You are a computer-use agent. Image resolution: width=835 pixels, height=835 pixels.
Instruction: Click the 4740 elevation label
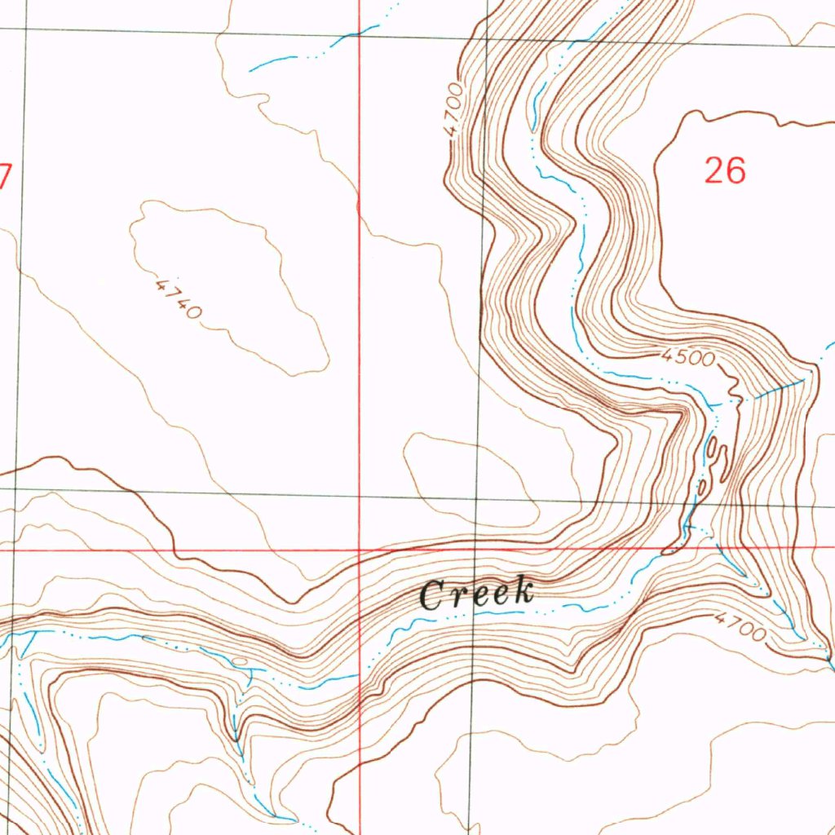[x=178, y=298]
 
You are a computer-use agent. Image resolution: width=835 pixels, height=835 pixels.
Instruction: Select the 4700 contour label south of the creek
[x=740, y=627]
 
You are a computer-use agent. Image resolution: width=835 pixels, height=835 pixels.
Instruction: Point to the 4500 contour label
[x=688, y=357]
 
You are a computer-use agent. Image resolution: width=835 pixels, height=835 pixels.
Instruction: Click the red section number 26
[x=724, y=171]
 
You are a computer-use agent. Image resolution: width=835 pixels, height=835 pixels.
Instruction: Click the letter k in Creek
[x=522, y=590]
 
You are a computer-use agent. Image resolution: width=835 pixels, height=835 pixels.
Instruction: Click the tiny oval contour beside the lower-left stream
[x=239, y=660]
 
